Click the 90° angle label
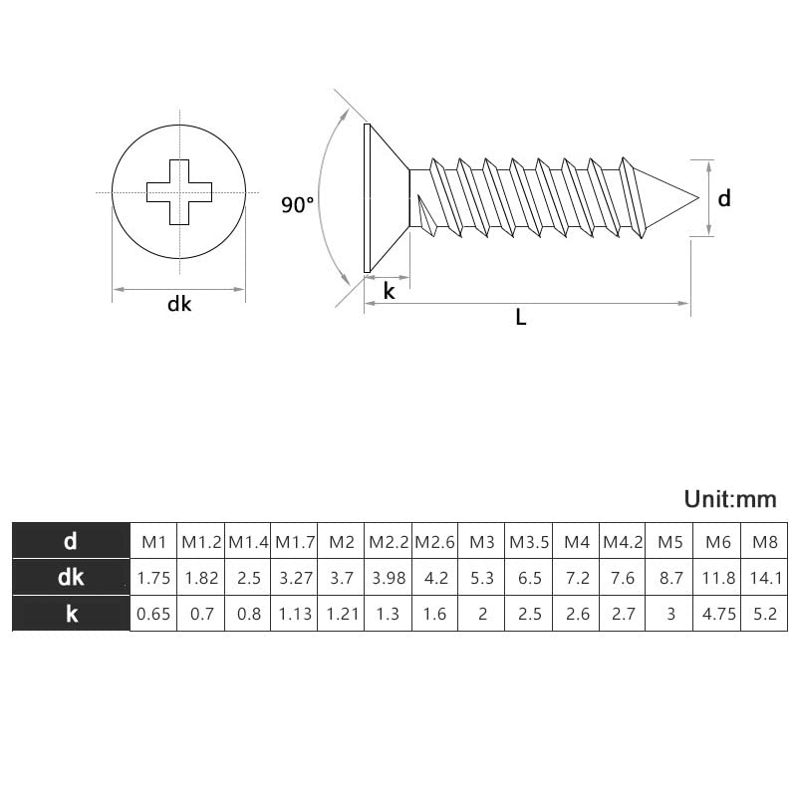coord(297,205)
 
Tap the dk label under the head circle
coord(179,305)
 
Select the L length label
coord(520,318)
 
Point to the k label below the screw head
coord(390,291)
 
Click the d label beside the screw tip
coord(724,198)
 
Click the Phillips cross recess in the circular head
coord(179,190)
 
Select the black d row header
coord(71,542)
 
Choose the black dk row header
coord(71,578)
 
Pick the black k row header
coord(71,614)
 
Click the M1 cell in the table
coord(153,542)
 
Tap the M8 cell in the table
coord(764,542)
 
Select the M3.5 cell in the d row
coord(529,542)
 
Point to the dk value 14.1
coord(764,578)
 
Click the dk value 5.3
coord(482,578)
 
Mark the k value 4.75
coord(718,614)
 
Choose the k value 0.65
coord(153,614)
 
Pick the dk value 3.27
coord(295,578)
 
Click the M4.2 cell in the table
coord(624,542)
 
